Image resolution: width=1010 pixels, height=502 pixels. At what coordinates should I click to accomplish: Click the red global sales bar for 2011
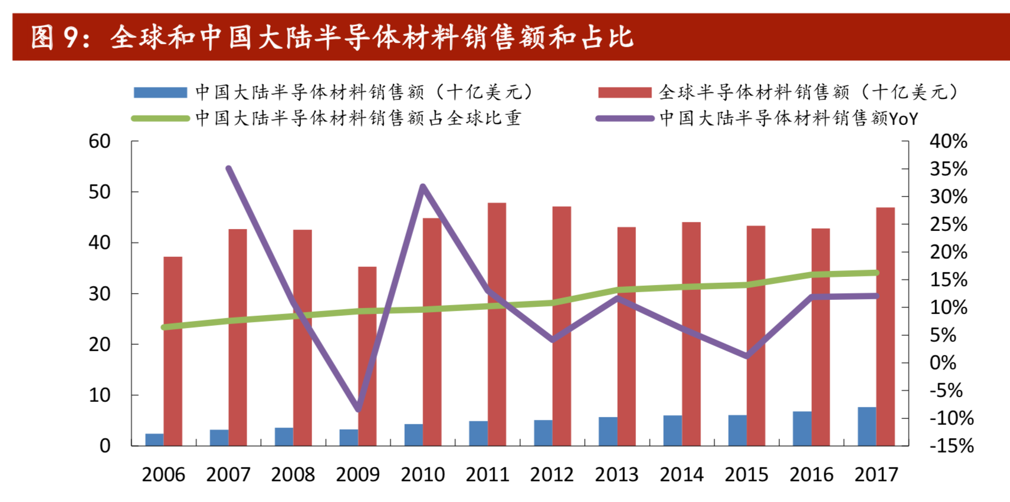coord(497,324)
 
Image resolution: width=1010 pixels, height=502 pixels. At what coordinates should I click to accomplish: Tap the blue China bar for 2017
coord(867,426)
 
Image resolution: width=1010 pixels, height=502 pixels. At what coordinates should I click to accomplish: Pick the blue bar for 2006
coord(155,440)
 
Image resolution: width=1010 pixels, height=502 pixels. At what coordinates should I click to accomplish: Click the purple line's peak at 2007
coord(229,169)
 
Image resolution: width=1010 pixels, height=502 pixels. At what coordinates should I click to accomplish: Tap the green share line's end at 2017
coord(876,273)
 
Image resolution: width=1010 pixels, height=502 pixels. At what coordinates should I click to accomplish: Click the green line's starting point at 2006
coord(164,327)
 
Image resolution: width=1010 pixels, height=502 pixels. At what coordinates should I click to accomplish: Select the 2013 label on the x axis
coord(617,474)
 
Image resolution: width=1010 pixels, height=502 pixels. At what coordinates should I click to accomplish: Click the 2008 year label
coord(293,474)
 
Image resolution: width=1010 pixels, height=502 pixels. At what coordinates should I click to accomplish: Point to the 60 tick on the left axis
coord(99,141)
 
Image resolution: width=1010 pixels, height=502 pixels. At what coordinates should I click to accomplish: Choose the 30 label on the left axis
coord(99,293)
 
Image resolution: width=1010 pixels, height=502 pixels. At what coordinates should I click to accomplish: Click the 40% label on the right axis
coord(948,141)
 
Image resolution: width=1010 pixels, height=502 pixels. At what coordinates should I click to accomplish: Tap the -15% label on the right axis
coord(951,445)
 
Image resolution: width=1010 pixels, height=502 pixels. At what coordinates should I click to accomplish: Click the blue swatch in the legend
coord(160,93)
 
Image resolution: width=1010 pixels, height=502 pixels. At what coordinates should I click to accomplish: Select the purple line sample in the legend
coord(625,118)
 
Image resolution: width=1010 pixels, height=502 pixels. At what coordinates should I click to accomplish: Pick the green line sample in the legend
coord(160,118)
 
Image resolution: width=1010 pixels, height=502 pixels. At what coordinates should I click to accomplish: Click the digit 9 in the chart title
coord(71,37)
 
